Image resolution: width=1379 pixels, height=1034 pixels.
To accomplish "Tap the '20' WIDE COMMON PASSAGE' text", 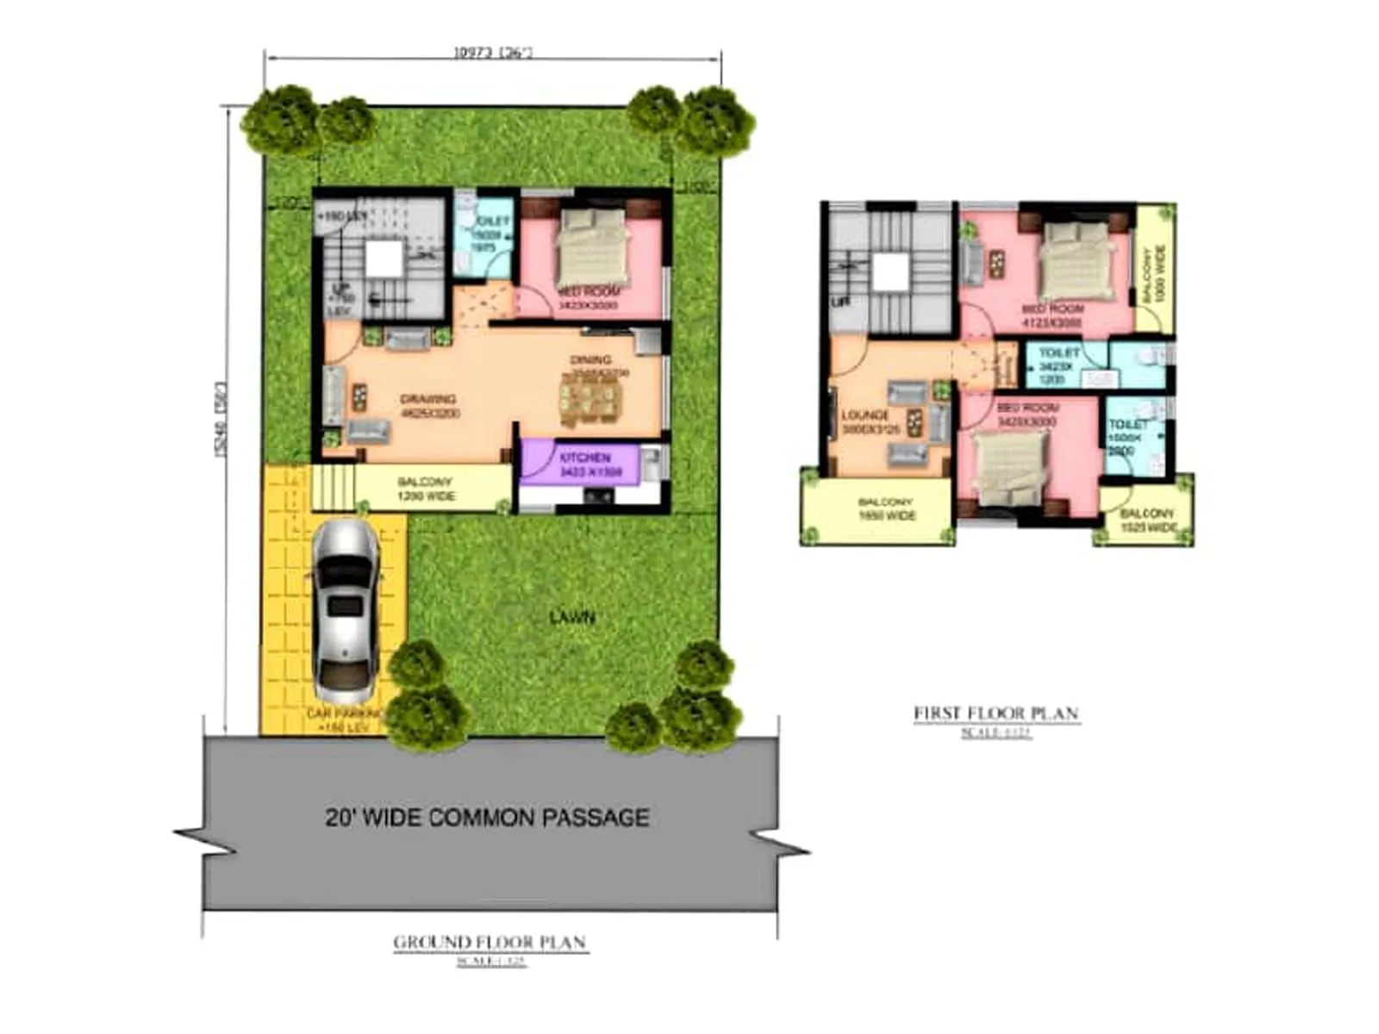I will coord(487,817).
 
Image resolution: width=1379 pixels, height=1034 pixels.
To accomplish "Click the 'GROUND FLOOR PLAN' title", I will coord(490,942).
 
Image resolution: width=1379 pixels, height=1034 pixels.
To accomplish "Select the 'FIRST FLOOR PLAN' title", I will coord(995,713).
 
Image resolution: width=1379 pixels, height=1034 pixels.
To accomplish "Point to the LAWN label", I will coord(572,617).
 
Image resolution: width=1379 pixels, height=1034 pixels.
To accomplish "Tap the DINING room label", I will coord(591,359).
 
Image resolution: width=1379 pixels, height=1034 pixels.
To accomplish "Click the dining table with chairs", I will coord(590,402).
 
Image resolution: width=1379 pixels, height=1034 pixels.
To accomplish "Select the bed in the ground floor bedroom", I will coord(594,246).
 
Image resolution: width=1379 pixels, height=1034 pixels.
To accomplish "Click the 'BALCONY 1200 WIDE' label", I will coord(425,489).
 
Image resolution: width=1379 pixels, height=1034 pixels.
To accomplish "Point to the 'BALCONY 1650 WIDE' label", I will coord(885,508).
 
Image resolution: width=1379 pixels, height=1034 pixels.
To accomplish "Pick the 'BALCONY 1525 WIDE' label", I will coord(1147,520).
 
